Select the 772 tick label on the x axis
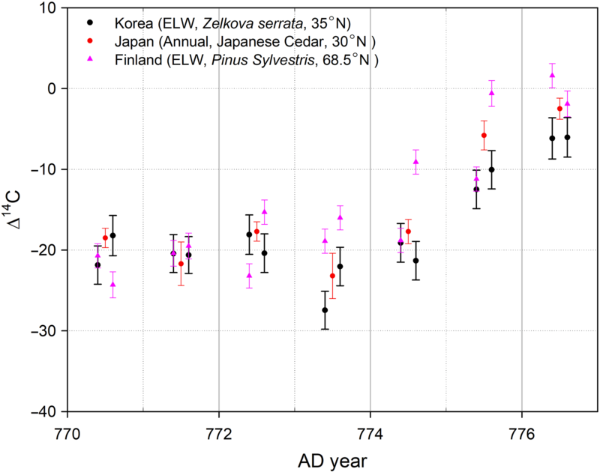tap(219, 430)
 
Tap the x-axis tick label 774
tap(370, 430)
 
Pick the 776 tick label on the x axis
tap(521, 430)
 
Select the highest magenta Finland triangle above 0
tap(552, 75)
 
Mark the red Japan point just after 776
tap(559, 109)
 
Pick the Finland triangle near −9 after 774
tap(415, 161)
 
